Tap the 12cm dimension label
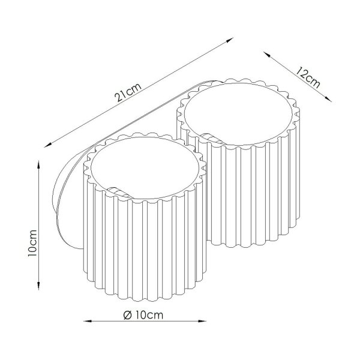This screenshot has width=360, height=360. pyautogui.click(x=308, y=77)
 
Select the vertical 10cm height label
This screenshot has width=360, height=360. pyautogui.click(x=32, y=243)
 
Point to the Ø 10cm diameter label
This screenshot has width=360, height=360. pyautogui.click(x=143, y=315)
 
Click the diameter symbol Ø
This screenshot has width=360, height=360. pyautogui.click(x=127, y=315)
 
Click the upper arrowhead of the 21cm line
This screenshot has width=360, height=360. pyautogui.click(x=230, y=40)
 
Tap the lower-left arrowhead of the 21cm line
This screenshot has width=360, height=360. pyautogui.click(x=48, y=145)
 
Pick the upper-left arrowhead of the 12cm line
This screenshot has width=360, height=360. pyautogui.click(x=266, y=54)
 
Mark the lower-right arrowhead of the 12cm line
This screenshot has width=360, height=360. pyautogui.click(x=328, y=99)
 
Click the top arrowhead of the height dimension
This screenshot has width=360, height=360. pyautogui.click(x=38, y=164)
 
